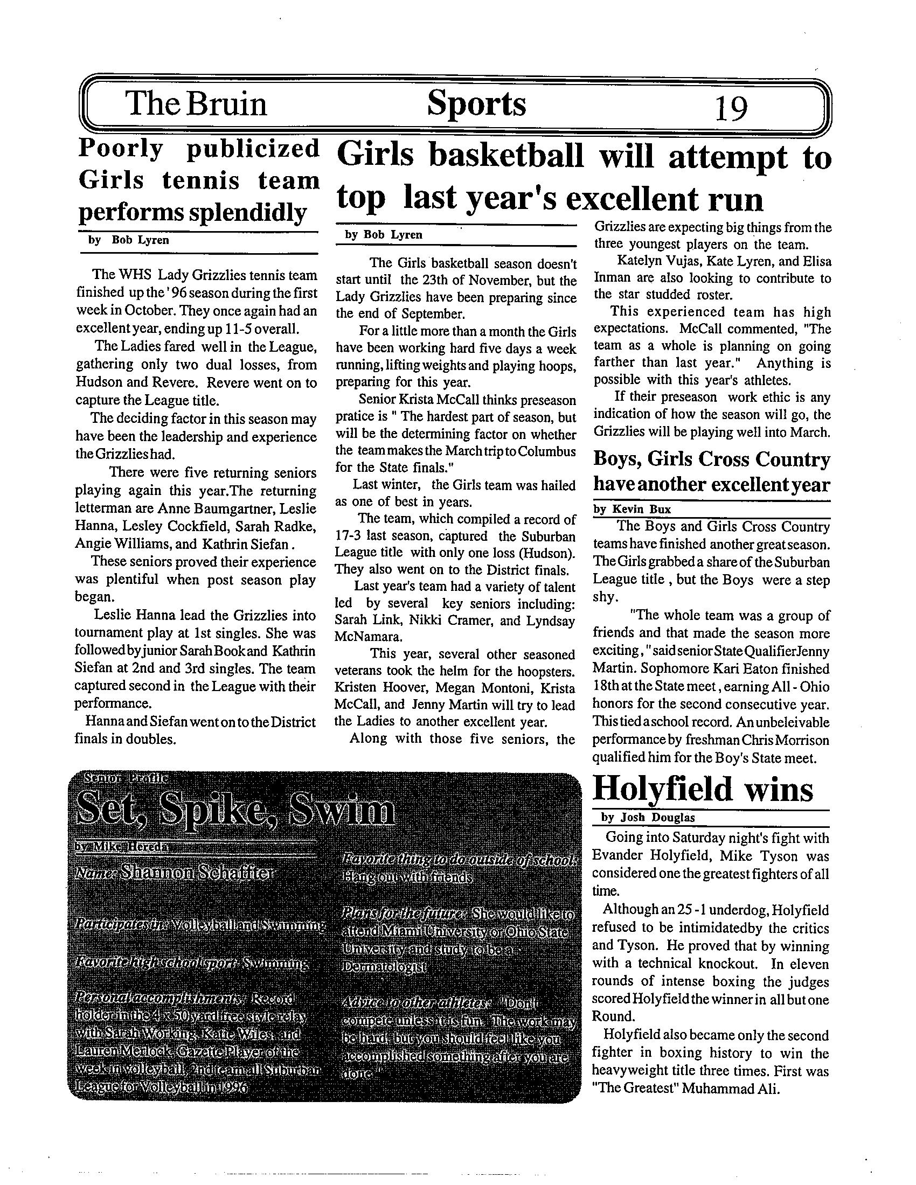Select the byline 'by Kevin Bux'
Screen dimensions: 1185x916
(x=632, y=509)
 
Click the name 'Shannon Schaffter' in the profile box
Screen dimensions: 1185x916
(x=198, y=873)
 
